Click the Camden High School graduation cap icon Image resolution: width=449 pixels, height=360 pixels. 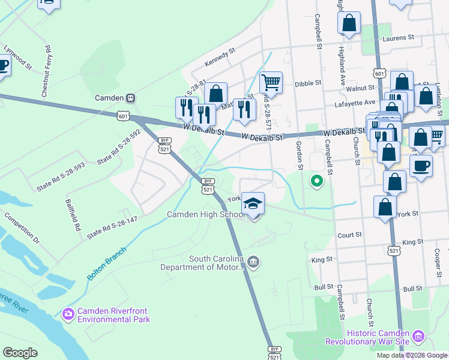[x=253, y=203]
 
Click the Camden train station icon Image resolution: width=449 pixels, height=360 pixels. [x=130, y=98]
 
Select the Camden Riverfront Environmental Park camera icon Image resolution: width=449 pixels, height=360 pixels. [x=68, y=313]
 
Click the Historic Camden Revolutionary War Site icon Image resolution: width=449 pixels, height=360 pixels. [x=418, y=336]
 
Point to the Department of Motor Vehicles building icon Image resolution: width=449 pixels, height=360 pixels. [x=254, y=262]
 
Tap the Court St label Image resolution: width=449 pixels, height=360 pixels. [x=350, y=236]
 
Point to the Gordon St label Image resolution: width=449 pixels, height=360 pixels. [x=298, y=155]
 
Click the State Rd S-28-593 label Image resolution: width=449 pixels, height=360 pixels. [x=61, y=175]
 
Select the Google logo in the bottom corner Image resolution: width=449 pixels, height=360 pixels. [x=20, y=353]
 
